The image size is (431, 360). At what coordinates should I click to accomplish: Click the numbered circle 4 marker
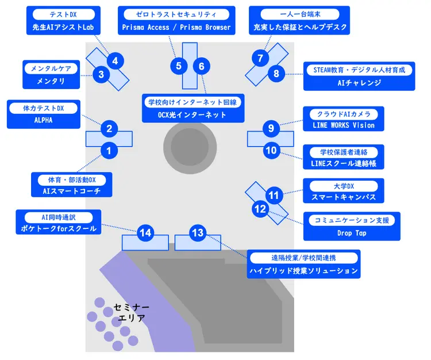[x=116, y=60]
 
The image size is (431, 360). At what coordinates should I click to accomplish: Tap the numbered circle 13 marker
[x=197, y=233]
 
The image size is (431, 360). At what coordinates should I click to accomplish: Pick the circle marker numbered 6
[x=201, y=66]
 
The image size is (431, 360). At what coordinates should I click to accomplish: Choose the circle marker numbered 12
[x=260, y=209]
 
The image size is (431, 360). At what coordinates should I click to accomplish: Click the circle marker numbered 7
[x=260, y=58]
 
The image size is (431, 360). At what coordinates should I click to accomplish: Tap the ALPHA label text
[x=44, y=120]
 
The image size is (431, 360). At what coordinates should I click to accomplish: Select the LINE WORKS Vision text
[x=344, y=125]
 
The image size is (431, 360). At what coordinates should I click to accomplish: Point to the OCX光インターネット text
[x=193, y=115]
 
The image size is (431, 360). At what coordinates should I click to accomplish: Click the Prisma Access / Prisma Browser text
[x=176, y=27]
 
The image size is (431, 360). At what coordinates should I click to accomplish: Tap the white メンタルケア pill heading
[x=51, y=68]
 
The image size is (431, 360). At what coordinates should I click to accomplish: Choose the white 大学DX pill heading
[x=344, y=186]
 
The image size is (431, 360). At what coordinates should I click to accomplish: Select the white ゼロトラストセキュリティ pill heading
[x=176, y=14]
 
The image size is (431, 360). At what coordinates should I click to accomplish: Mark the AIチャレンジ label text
[x=359, y=83]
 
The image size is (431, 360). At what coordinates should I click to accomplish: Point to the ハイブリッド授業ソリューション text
[x=303, y=270]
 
